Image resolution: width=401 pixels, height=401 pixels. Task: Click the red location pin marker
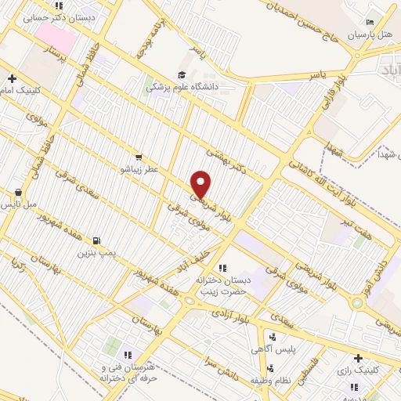pos(201,184)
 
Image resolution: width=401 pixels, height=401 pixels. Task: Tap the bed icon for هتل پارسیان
pos(371,23)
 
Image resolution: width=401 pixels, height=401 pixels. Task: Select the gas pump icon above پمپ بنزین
pos(96,240)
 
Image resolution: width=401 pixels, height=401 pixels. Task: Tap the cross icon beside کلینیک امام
pos(12,78)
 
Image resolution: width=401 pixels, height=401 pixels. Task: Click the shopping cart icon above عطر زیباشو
pos(138,157)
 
